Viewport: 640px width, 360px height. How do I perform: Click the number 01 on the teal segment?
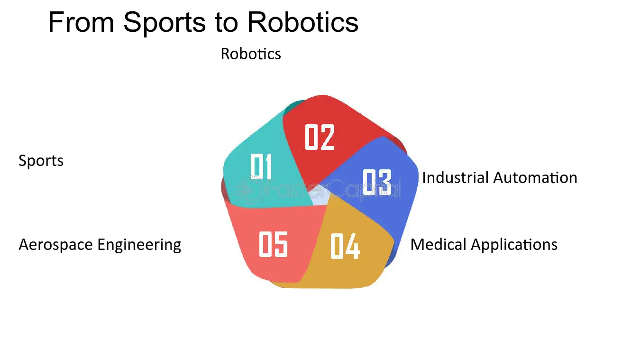(261, 166)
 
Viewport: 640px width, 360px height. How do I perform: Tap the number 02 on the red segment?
(320, 137)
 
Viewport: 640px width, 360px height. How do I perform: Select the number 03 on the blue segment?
(377, 182)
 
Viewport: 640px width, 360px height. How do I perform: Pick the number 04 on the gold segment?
(345, 246)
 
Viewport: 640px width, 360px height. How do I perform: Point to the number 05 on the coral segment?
(273, 244)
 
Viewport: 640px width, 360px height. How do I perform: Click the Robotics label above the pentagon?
(251, 54)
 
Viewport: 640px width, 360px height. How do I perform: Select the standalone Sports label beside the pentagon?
(41, 161)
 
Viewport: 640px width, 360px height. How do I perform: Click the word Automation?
(535, 177)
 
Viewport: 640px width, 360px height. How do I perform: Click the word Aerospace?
(56, 245)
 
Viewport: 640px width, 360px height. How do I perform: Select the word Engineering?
(139, 245)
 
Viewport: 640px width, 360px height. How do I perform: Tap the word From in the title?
(81, 22)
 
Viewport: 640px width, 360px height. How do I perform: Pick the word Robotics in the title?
(302, 22)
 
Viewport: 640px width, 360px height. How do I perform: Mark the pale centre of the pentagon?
(320, 197)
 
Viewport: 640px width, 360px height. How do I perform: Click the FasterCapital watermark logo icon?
(248, 190)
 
